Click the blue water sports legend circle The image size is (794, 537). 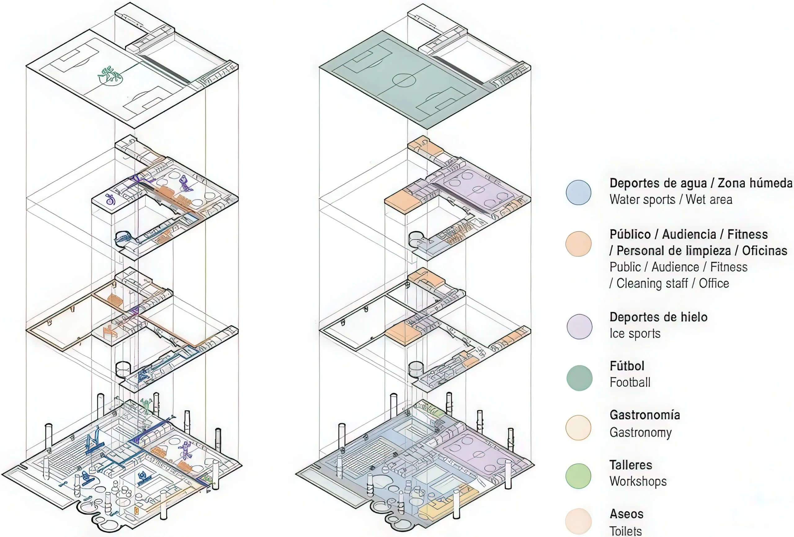578,192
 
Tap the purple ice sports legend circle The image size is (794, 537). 579,326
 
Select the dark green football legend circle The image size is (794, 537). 579,378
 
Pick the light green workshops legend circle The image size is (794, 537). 578,476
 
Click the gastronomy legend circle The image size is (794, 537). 578,427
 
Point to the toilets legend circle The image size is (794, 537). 578,521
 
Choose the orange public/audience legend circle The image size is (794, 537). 578,244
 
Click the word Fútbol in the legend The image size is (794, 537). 627,366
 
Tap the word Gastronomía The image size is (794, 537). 645,415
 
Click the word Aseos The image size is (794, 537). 626,514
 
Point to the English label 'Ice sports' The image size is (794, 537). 635,333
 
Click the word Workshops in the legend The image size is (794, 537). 638,481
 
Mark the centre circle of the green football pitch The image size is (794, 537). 404,80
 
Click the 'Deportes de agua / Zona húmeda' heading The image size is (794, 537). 701,183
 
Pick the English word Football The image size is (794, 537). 630,382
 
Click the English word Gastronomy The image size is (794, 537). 640,433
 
